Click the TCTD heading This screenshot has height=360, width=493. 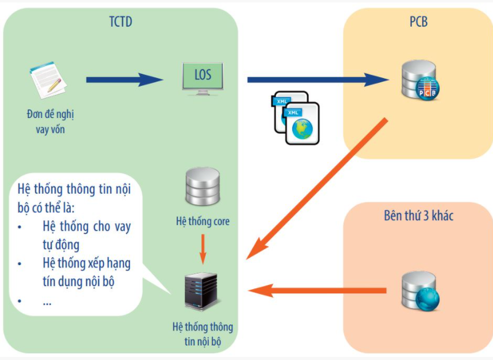click(120, 23)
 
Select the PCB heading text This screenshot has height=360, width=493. click(418, 23)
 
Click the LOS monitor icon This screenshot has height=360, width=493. click(203, 78)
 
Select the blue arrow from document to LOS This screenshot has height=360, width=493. click(123, 80)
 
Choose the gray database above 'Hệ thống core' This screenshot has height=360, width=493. click(202, 188)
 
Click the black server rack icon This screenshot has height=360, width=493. click(202, 291)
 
